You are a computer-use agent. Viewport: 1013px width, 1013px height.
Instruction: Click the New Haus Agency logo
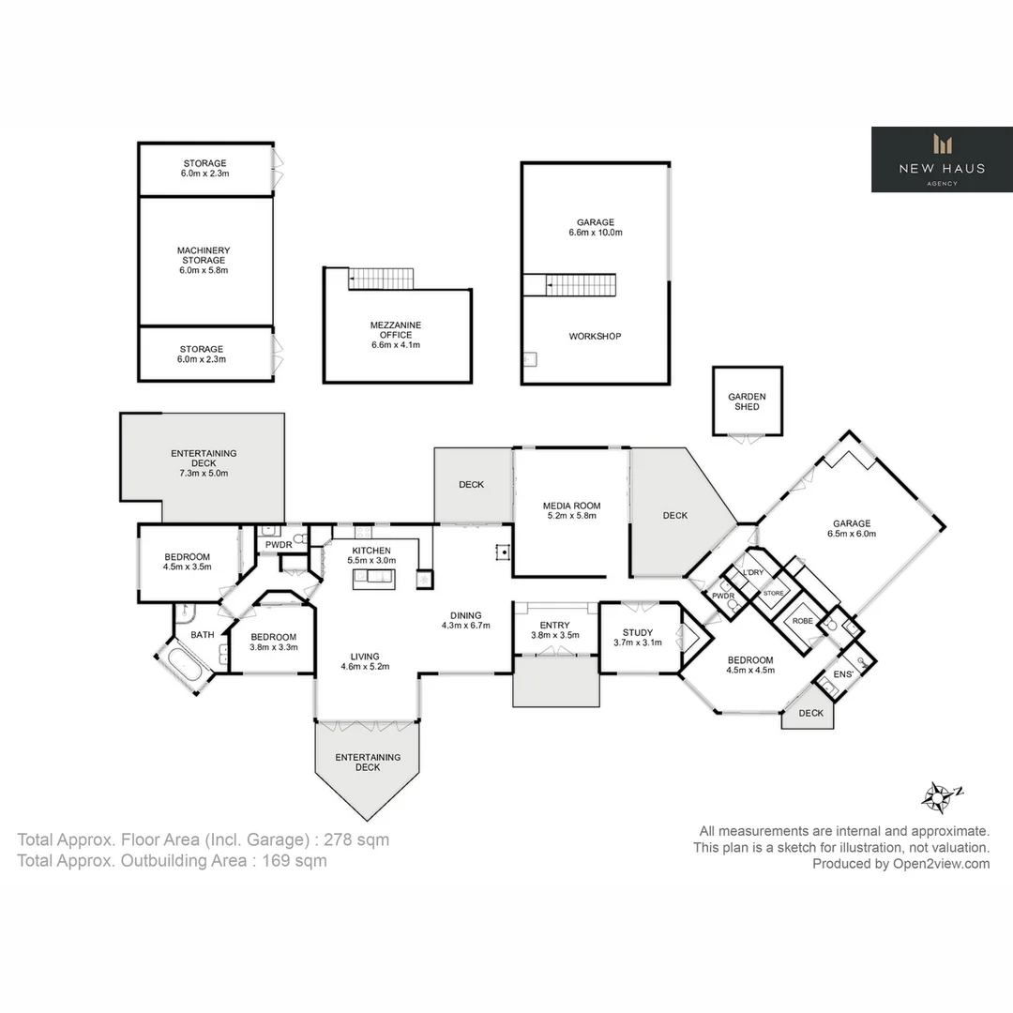tap(942, 159)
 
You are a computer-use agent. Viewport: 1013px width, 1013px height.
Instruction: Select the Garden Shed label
tap(747, 401)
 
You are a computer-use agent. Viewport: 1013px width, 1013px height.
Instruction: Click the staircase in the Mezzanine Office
tap(381, 279)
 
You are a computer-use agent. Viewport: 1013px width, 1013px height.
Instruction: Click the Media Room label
tap(571, 506)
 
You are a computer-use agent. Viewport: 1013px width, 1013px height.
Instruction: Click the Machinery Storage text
tap(204, 255)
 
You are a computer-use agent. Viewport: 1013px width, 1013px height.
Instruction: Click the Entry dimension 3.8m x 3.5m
tap(554, 635)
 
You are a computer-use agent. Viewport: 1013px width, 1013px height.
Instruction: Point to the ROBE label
tap(803, 621)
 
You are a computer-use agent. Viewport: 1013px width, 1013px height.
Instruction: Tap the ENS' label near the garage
tap(844, 673)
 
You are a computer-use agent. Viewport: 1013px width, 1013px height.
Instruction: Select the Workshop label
tap(595, 336)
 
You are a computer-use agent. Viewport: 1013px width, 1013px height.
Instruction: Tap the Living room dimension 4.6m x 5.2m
tap(365, 667)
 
